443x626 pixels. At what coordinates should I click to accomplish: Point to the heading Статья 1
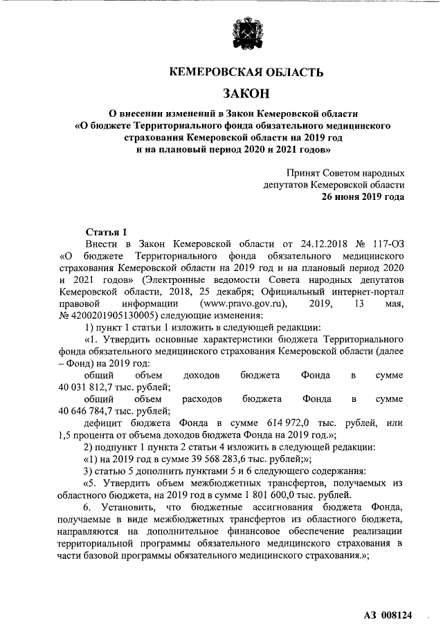point(105,232)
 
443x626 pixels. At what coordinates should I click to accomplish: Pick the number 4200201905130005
point(111,315)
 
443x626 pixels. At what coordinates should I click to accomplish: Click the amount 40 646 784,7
point(92,411)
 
